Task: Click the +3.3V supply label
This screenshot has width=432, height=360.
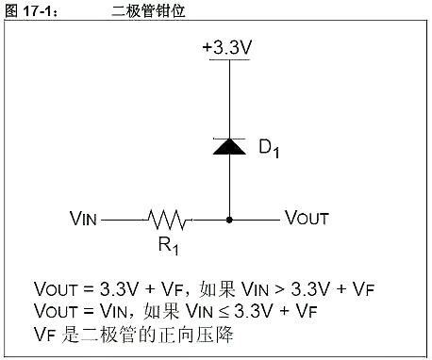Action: coord(228,44)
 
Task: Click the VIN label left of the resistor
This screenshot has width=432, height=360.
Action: coord(83,219)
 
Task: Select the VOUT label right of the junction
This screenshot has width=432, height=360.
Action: coord(307,219)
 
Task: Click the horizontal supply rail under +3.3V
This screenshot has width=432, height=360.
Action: coord(228,59)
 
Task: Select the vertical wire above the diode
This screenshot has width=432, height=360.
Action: coord(228,99)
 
